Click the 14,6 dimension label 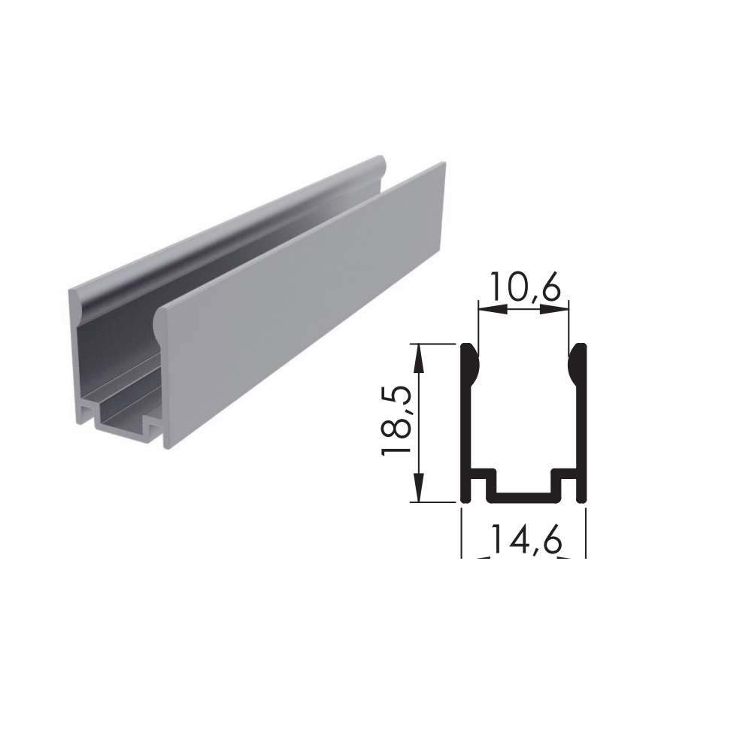tap(526, 542)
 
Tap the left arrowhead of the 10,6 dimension tap(493, 311)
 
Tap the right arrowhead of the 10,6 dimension tap(555, 311)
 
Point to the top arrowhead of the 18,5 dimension tap(419, 357)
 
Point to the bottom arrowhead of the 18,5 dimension tap(419, 488)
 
